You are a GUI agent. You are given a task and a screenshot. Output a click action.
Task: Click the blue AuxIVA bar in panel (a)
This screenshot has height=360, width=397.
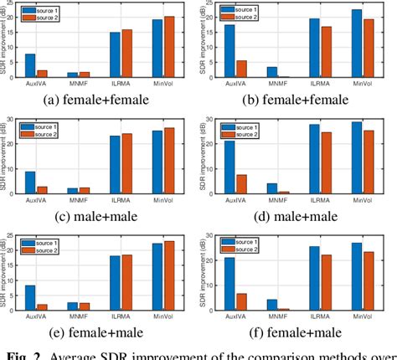coord(30,66)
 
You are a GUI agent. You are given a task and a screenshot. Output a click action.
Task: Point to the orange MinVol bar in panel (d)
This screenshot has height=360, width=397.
coord(370,162)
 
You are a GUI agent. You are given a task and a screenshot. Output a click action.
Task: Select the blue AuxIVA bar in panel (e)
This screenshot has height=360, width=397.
coord(30,299)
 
